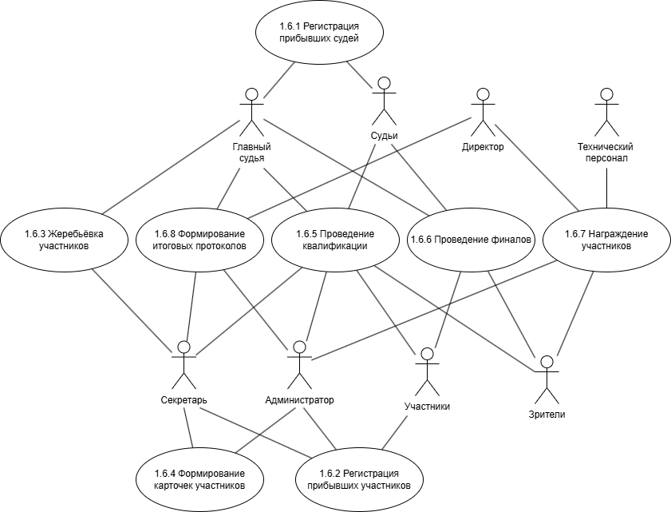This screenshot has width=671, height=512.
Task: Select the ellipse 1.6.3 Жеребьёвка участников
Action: click(65, 240)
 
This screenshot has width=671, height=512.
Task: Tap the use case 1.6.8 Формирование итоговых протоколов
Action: click(199, 240)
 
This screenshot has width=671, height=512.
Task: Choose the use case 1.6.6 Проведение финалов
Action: click(471, 240)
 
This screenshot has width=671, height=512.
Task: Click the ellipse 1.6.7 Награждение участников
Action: click(606, 240)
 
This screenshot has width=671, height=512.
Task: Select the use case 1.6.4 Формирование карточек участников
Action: click(199, 478)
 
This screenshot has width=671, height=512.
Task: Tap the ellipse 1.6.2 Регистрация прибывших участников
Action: click(359, 478)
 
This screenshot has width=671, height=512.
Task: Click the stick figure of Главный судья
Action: click(252, 111)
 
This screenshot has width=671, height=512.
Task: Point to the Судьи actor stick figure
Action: click(385, 101)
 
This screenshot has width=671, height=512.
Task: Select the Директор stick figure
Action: click(482, 111)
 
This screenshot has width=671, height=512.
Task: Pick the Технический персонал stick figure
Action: click(606, 111)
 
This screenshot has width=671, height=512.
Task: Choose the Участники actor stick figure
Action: click(427, 372)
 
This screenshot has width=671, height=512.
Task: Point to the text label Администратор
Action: click(299, 399)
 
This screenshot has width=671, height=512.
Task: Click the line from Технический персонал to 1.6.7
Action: click(606, 188)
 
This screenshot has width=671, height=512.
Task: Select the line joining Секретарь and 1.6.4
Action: click(189, 427)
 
